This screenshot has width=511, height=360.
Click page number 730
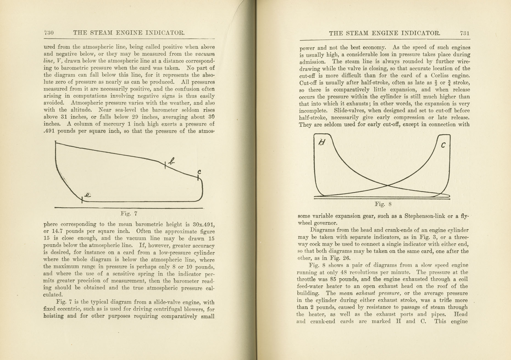point(49,33)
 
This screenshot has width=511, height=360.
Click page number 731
point(465,33)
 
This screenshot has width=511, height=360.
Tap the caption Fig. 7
point(129,214)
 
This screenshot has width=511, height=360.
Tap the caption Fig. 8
point(383,204)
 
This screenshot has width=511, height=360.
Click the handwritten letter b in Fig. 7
point(172,161)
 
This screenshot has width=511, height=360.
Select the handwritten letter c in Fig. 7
point(199,172)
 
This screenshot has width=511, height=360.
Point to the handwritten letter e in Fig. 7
point(88,195)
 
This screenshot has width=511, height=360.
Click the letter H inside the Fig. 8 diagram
point(322,142)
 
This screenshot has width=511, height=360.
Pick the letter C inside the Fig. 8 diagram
point(443,145)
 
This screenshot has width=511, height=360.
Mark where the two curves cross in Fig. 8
point(388,186)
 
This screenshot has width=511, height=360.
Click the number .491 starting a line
point(49,131)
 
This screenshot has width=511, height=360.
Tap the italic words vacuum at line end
point(205,54)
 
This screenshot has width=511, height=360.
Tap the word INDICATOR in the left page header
point(165,33)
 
